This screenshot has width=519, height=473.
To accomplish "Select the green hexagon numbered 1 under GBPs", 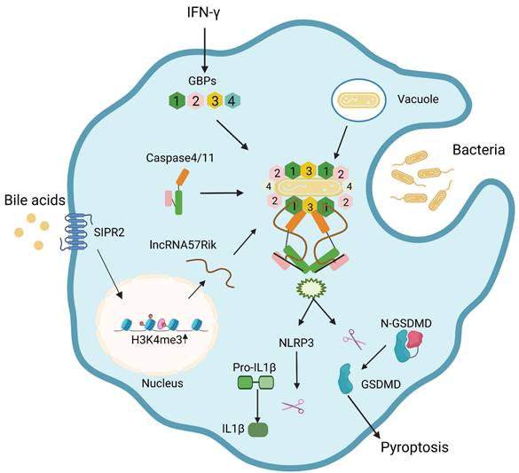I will click(179, 100).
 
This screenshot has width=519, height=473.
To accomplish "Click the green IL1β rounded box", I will click(258, 430).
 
